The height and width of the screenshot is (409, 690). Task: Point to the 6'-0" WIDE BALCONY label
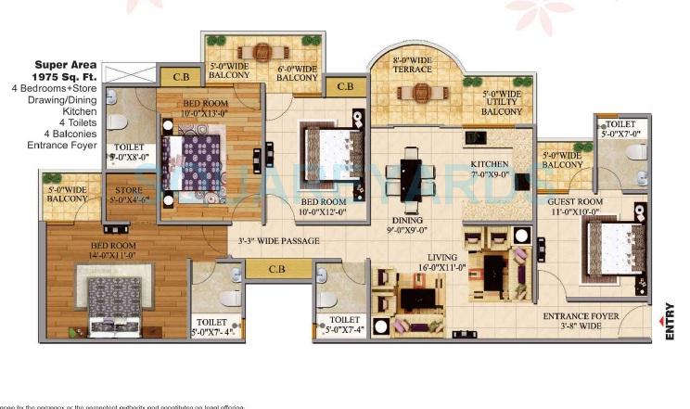298,72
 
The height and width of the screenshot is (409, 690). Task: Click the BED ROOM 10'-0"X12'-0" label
324,207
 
